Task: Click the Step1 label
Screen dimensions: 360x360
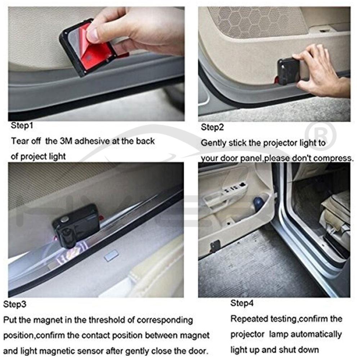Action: (22, 125)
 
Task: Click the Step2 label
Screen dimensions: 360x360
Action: (212, 127)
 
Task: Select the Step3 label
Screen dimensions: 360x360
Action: (15, 304)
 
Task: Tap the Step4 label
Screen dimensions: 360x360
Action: (242, 303)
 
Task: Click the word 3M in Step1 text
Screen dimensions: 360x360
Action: (66, 141)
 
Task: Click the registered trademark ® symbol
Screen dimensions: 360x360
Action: (321, 135)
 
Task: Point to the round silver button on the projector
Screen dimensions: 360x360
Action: (65, 219)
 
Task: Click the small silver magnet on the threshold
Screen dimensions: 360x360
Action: (112, 255)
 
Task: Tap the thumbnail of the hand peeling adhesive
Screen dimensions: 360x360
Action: (96, 64)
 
